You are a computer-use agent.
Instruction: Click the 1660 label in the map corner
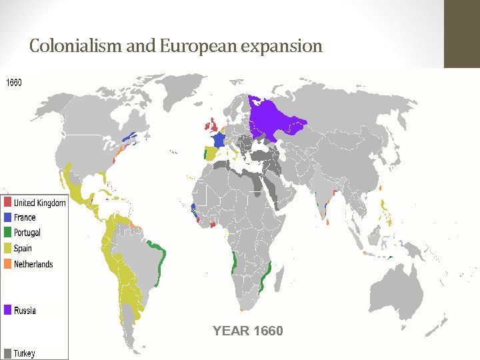[14, 83]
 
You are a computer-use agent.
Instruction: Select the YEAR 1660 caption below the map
[247, 331]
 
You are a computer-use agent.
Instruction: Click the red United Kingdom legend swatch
[7, 202]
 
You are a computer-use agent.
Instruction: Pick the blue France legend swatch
[7, 217]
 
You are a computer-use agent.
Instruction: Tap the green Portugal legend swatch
[7, 233]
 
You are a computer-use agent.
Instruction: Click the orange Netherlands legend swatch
[7, 264]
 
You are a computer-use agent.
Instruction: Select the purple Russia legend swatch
[7, 310]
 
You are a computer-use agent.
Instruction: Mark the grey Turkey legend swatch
[7, 353]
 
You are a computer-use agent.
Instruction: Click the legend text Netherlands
[33, 264]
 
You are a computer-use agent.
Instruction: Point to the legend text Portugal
[27, 233]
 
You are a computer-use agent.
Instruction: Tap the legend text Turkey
[25, 353]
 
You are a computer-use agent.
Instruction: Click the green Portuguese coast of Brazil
[160, 260]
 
